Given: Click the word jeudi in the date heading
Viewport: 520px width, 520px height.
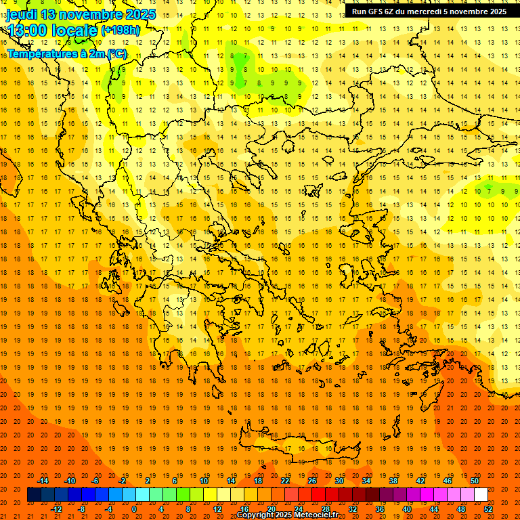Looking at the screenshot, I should (21, 14).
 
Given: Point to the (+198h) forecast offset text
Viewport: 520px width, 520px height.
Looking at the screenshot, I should (121, 30).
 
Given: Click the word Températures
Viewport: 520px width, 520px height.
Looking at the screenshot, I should (41, 53).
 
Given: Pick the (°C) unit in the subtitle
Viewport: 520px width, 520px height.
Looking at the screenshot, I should (116, 53).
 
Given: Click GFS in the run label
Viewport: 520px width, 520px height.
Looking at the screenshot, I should (378, 12).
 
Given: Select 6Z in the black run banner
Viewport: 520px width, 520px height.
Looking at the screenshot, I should (393, 12).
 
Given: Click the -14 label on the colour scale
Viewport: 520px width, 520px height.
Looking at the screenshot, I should (43, 481).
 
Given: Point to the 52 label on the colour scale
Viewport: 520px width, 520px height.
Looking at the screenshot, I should (489, 509).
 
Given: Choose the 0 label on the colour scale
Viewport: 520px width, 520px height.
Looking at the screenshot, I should (134, 509).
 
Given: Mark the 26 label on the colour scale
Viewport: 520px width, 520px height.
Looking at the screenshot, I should (312, 481).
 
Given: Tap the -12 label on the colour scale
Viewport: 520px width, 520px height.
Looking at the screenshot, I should (56, 509).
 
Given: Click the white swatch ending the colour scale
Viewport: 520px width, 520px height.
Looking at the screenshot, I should (481, 495).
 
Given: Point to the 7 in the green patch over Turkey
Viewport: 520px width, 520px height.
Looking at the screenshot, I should (488, 192).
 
